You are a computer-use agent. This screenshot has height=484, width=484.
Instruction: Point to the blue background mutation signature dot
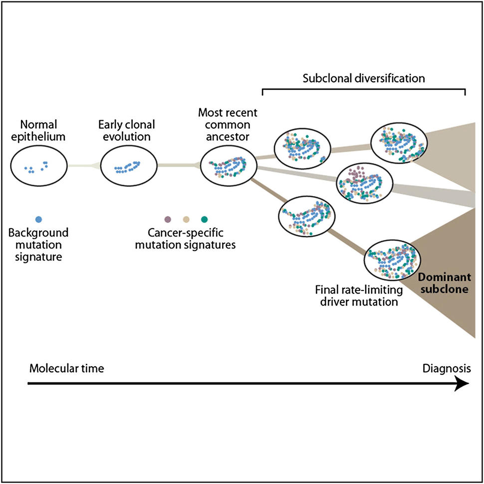(x=38, y=219)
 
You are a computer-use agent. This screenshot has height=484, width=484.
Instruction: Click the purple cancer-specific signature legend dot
(x=168, y=219)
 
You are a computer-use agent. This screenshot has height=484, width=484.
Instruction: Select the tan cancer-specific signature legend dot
(x=186, y=219)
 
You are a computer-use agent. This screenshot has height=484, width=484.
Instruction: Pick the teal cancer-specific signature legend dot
(x=204, y=219)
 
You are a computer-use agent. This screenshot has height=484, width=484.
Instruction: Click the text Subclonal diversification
(x=364, y=78)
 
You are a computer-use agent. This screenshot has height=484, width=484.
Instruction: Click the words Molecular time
(x=66, y=369)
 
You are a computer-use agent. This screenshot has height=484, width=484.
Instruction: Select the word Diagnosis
(x=446, y=369)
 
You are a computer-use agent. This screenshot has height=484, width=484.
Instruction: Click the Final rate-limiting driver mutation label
(x=356, y=295)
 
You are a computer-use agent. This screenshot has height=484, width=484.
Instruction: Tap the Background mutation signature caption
(x=38, y=244)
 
